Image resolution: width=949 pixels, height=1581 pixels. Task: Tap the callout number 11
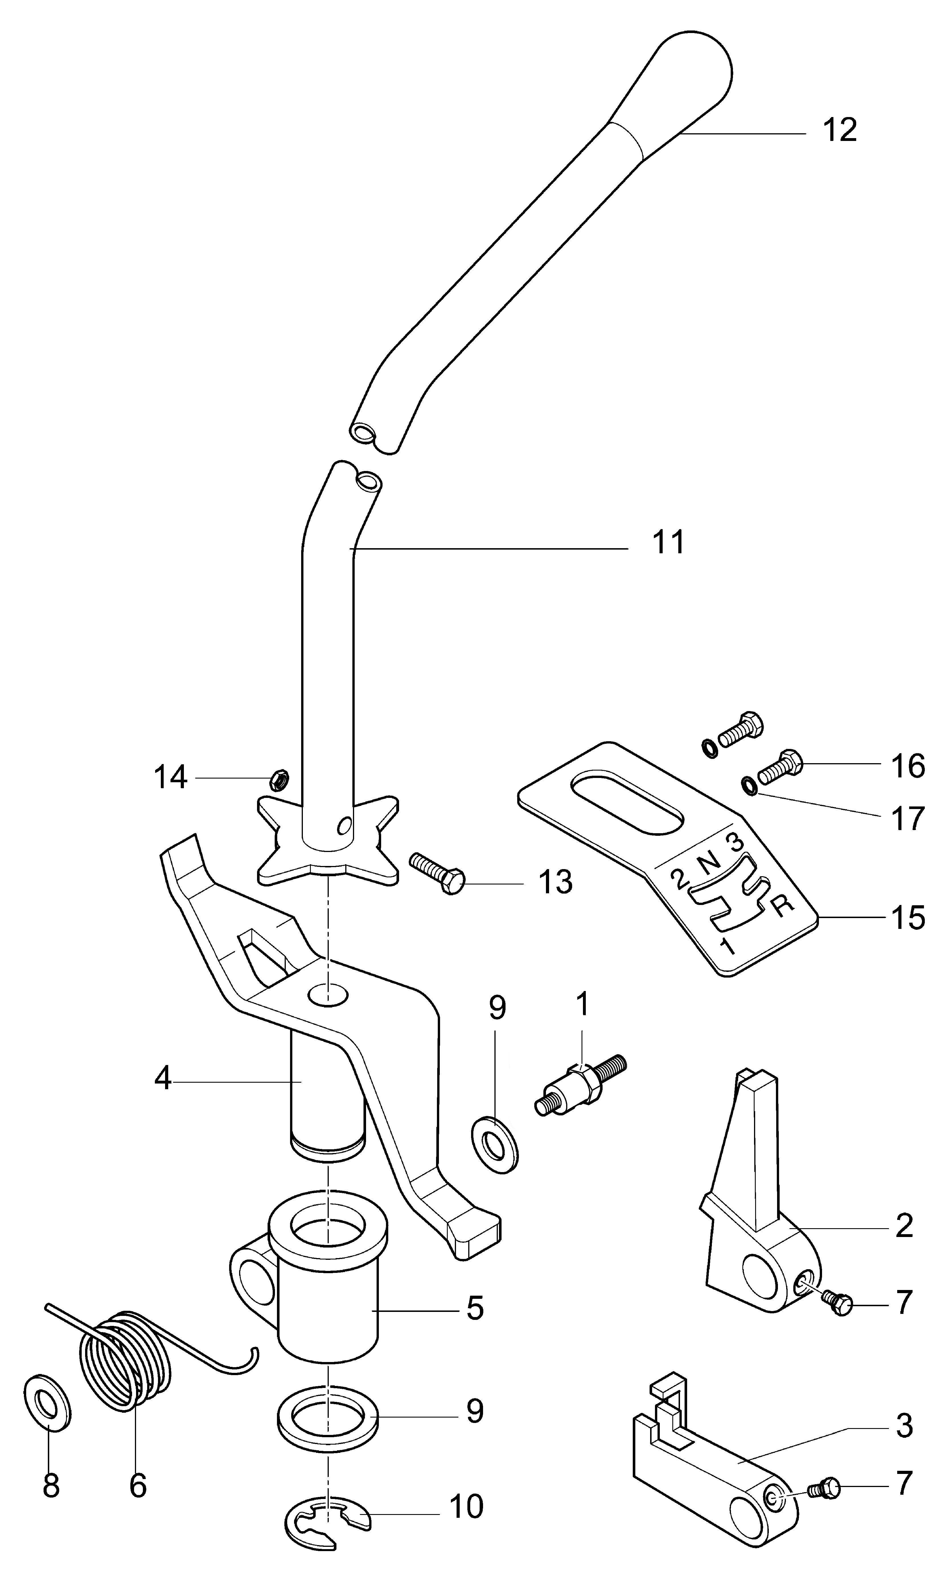[x=668, y=542]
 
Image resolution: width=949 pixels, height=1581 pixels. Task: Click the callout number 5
[x=474, y=1308]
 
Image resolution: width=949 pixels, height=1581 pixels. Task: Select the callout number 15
[x=908, y=917]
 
